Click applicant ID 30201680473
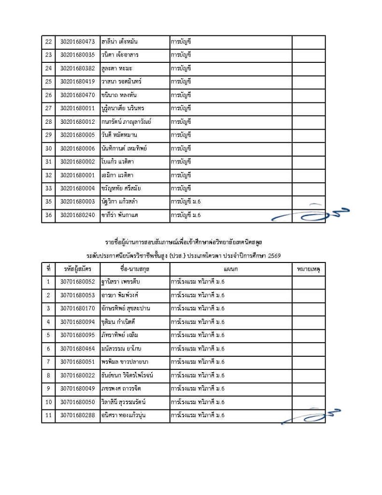(77, 42)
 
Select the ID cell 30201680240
(77, 215)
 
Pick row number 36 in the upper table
(48, 215)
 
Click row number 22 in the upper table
(48, 42)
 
